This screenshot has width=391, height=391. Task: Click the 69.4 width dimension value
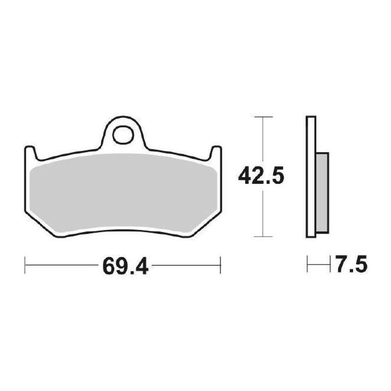(x=125, y=265)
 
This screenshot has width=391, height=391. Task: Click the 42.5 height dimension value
(x=261, y=176)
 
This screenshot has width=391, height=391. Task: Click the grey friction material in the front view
(x=122, y=193)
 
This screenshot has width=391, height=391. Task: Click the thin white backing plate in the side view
(x=310, y=177)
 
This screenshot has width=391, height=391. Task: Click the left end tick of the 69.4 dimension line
(x=25, y=265)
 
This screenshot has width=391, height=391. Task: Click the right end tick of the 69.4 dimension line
(x=220, y=265)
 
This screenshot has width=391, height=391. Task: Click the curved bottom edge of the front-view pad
(x=122, y=230)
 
